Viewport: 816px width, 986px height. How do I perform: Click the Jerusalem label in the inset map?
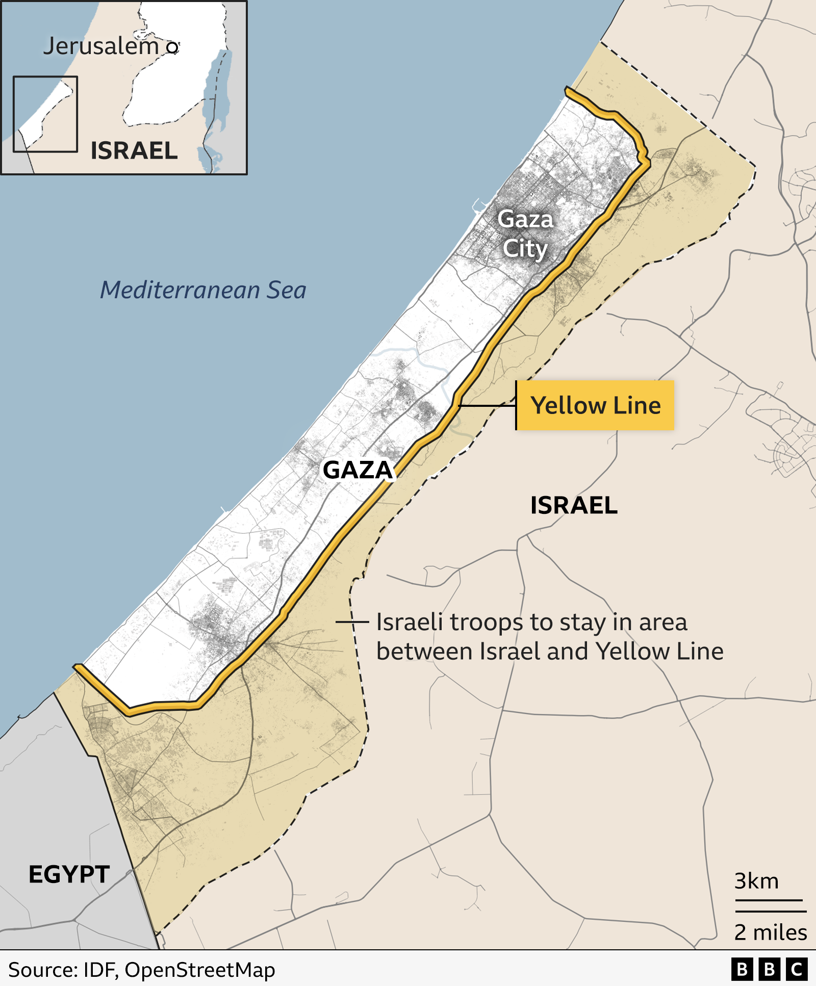[x=101, y=46]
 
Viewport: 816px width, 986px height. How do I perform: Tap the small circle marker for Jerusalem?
[x=173, y=48]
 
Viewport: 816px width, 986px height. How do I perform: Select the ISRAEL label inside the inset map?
[x=134, y=151]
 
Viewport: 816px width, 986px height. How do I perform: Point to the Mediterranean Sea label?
[x=203, y=290]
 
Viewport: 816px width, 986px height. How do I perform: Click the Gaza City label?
[x=525, y=234]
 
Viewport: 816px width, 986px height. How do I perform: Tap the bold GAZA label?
[x=358, y=470]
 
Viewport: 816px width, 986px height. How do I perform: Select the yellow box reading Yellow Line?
[x=595, y=406]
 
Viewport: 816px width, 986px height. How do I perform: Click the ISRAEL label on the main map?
[x=574, y=506]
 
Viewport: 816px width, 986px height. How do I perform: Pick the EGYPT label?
[x=69, y=875]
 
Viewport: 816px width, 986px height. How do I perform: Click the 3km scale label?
[x=756, y=881]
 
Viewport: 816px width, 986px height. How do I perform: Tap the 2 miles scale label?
[x=770, y=932]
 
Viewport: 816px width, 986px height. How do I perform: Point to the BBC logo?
[x=769, y=969]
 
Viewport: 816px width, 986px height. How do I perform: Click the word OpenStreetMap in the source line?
[x=200, y=970]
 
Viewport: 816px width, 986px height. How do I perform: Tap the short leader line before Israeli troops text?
[x=352, y=622]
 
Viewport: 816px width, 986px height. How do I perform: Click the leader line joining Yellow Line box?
[x=487, y=406]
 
